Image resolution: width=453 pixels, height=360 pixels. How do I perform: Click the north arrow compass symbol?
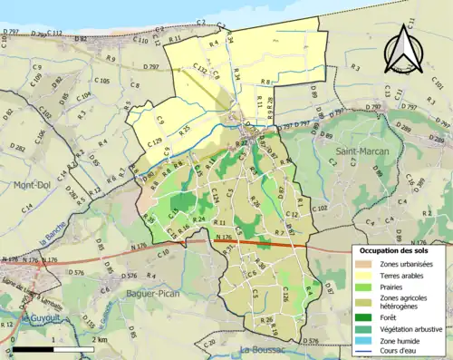(x=404, y=50)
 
